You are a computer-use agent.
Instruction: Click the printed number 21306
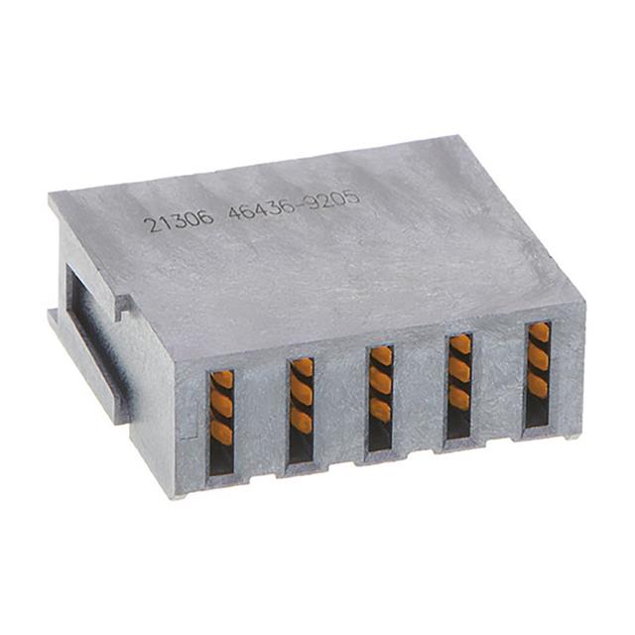click(x=179, y=219)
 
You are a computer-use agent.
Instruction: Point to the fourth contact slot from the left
click(x=458, y=385)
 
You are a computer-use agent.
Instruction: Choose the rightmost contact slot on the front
click(x=538, y=373)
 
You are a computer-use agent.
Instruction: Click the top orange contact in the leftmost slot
click(x=222, y=380)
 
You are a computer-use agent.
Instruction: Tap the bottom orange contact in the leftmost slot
click(x=222, y=432)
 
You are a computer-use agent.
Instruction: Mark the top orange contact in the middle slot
click(x=381, y=357)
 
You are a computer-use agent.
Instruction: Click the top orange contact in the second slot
click(x=302, y=368)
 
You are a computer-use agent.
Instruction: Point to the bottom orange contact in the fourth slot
click(x=459, y=397)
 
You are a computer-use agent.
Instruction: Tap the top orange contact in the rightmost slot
click(x=539, y=333)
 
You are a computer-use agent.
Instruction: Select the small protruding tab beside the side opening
click(x=123, y=307)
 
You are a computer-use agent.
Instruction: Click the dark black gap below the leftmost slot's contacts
click(x=221, y=458)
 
